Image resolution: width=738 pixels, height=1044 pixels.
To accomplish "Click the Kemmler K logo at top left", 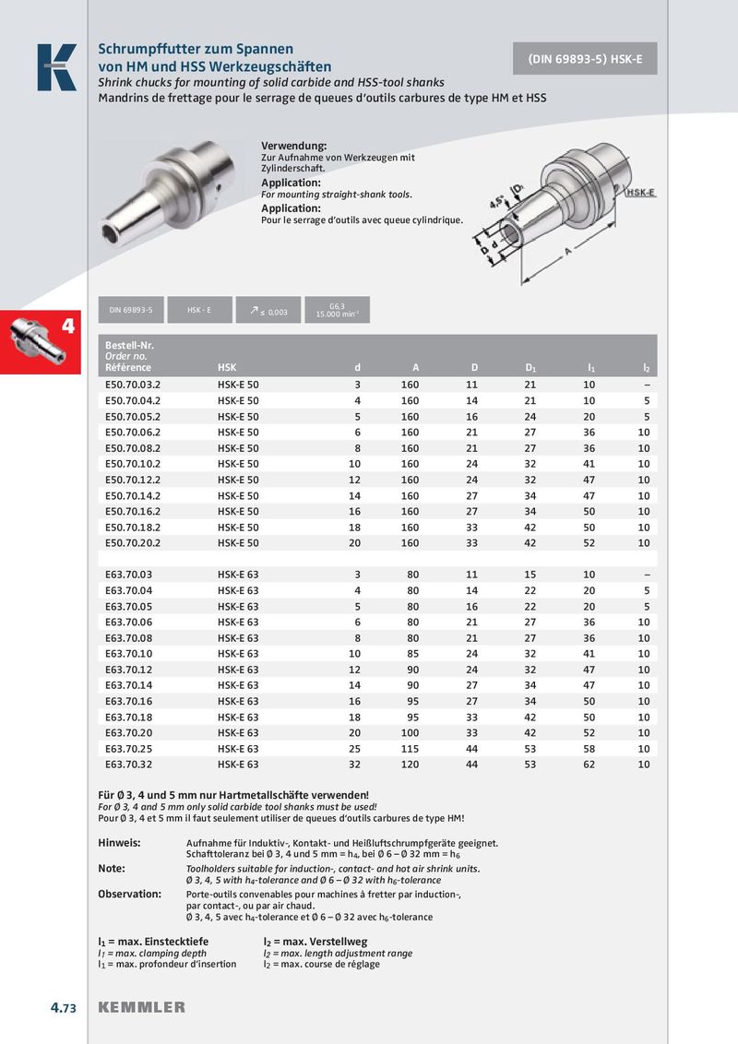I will (x=56, y=67).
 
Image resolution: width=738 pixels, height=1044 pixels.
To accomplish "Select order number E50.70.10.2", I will (x=134, y=464).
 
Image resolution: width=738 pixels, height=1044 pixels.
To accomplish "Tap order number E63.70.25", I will (x=128, y=749).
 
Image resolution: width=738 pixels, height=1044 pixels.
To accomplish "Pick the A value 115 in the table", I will (x=410, y=749).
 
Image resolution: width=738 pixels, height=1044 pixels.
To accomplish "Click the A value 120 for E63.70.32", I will (x=410, y=765).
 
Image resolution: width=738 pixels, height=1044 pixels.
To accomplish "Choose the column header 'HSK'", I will (x=227, y=368).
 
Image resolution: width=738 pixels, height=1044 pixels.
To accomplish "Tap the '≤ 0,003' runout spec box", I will (x=268, y=311).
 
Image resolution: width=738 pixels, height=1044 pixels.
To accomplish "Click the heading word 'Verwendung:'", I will (x=294, y=147).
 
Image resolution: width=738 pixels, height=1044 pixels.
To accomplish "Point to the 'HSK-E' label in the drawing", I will (x=640, y=192).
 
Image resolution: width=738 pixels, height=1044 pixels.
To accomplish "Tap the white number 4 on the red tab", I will (x=67, y=326).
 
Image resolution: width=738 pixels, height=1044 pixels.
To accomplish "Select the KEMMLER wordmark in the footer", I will (x=141, y=1007).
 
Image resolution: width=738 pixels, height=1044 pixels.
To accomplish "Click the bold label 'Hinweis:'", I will (x=119, y=843).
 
